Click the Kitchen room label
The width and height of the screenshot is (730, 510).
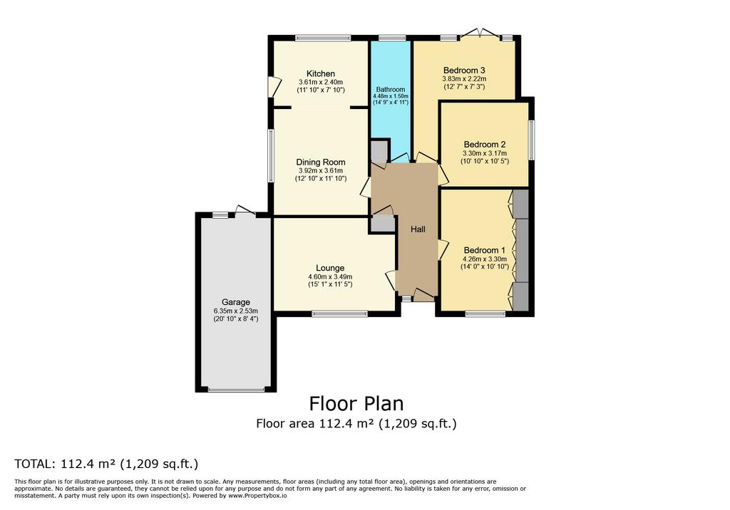[320, 73]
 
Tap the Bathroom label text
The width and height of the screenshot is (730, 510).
[391, 89]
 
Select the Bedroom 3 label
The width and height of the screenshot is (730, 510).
[464, 71]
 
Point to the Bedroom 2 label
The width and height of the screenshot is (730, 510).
[485, 145]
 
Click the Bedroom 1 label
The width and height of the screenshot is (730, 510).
[485, 250]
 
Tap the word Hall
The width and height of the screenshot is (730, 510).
[418, 229]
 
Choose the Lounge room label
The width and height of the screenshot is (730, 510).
[330, 268]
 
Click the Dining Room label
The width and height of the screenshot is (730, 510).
[321, 162]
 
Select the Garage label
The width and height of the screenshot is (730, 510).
[235, 302]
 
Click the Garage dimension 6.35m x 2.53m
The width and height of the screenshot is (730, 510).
[235, 311]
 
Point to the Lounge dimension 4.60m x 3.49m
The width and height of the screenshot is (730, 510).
[330, 276]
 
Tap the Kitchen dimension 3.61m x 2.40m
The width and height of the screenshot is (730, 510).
[321, 82]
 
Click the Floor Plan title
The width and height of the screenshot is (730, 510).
[356, 403]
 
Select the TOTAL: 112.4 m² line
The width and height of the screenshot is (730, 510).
[107, 464]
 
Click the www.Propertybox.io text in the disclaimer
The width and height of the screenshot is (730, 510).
[257, 496]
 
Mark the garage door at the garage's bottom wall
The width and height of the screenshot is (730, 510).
[236, 390]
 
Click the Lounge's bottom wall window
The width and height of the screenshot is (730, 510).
[340, 314]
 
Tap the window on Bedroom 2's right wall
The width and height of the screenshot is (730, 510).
[531, 140]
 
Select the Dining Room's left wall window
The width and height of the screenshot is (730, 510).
[270, 155]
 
